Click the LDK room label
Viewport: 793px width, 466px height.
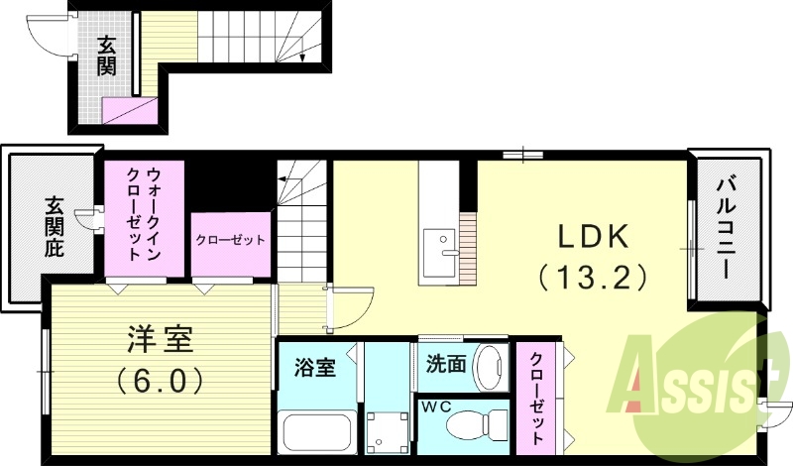[592, 237]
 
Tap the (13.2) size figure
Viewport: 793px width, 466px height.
[592, 275]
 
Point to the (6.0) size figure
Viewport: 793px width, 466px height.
[160, 379]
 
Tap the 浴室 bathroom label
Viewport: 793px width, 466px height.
[313, 366]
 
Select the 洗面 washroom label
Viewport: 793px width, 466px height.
[445, 364]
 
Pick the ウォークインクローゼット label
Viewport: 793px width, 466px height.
[145, 215]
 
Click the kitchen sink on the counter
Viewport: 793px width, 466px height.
[437, 243]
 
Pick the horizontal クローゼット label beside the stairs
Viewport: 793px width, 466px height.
[230, 241]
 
